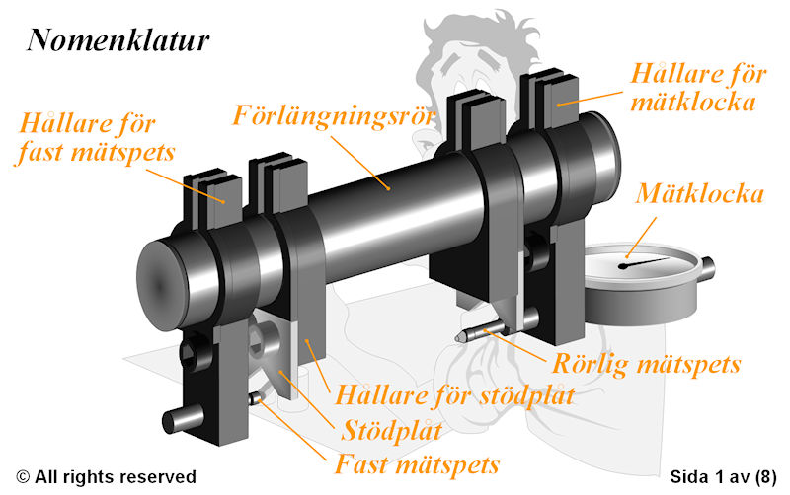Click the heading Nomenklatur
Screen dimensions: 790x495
(x=118, y=40)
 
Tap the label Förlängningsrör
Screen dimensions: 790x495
(x=333, y=116)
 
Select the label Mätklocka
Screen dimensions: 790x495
(x=700, y=193)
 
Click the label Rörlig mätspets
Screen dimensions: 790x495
(x=647, y=363)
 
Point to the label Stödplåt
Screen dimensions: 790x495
(x=391, y=431)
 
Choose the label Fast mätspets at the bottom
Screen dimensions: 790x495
(x=417, y=463)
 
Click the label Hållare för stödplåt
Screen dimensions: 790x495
(x=454, y=394)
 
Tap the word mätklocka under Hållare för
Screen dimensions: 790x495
(x=693, y=103)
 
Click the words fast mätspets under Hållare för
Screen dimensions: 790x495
(x=96, y=153)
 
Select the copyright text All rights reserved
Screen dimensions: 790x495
(x=107, y=476)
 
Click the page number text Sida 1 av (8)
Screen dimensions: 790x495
(x=723, y=476)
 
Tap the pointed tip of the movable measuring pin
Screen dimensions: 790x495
(x=457, y=338)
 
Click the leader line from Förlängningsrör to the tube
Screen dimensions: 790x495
(x=360, y=163)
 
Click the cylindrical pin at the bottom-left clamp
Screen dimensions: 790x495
(x=183, y=419)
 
